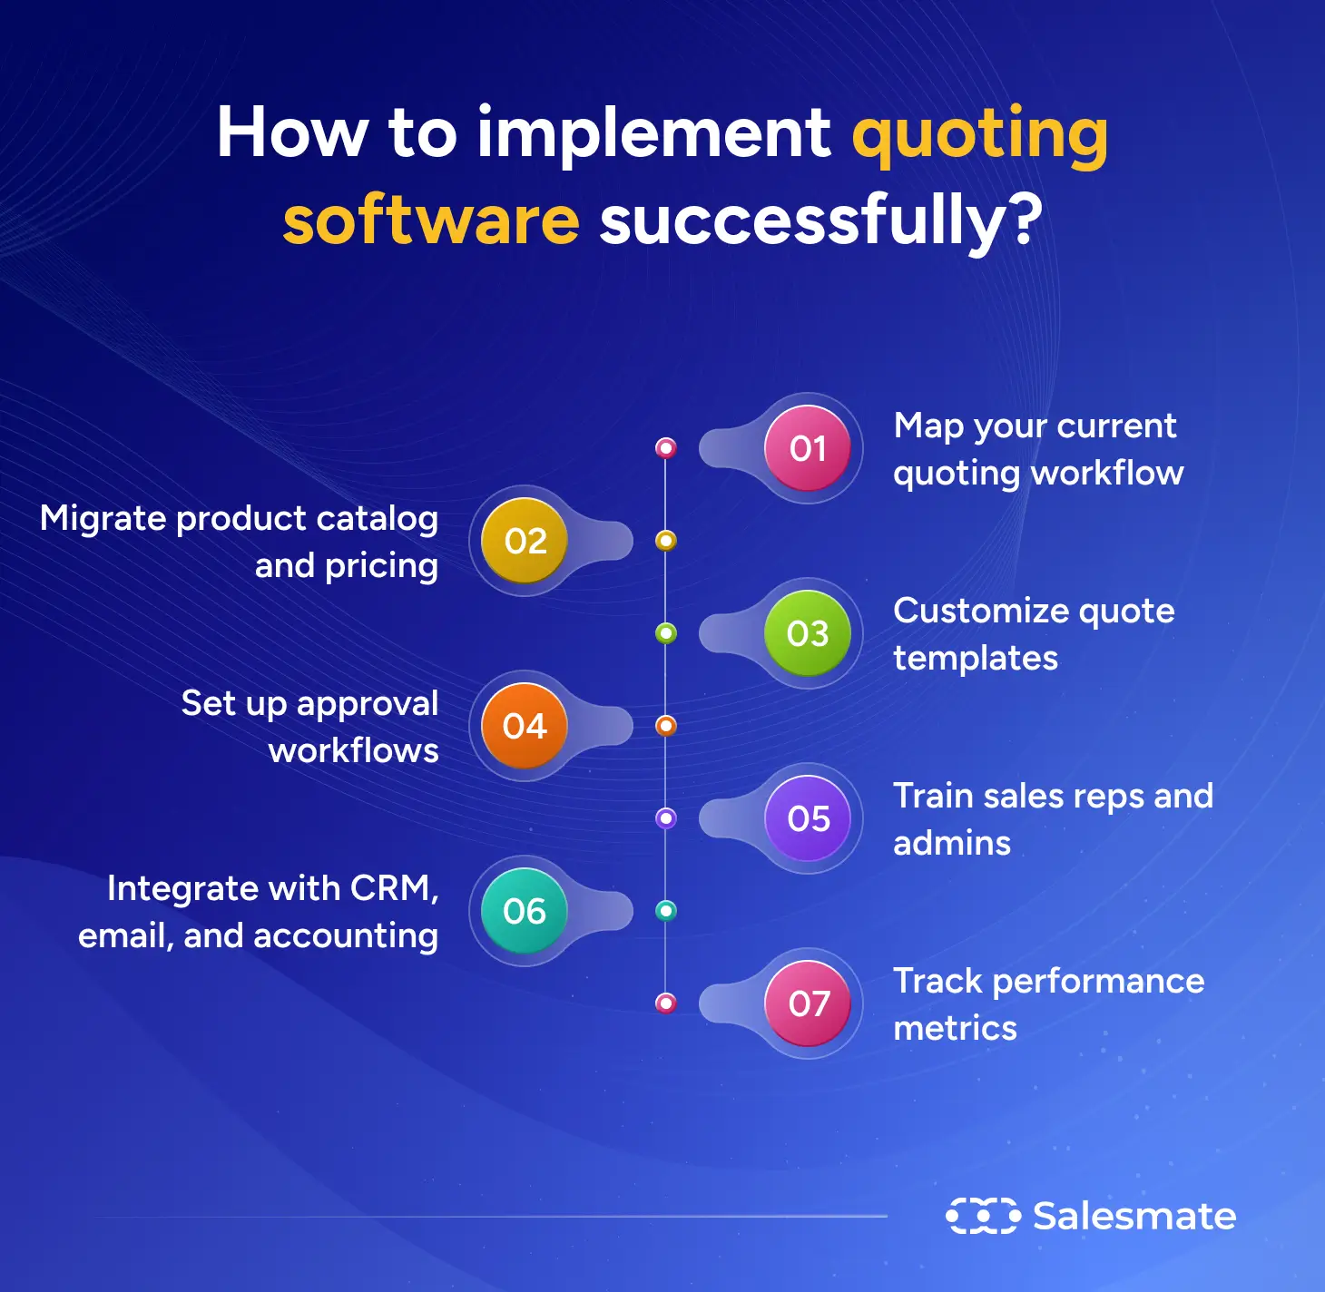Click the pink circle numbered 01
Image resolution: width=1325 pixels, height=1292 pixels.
(x=807, y=448)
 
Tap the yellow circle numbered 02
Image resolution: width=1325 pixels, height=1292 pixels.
(x=525, y=541)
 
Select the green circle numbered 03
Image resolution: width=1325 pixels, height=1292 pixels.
(x=807, y=633)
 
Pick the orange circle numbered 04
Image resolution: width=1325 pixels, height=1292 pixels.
(x=525, y=726)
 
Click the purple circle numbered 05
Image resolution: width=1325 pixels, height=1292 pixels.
(x=807, y=818)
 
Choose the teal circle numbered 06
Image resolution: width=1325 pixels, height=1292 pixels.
(x=525, y=911)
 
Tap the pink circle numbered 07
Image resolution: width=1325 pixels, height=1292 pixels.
(x=807, y=1003)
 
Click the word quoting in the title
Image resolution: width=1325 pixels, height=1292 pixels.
(x=979, y=134)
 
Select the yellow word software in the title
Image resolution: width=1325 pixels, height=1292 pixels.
(x=431, y=220)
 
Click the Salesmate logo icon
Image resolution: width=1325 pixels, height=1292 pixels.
(x=983, y=1216)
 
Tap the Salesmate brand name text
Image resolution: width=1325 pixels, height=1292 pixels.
(x=1134, y=1216)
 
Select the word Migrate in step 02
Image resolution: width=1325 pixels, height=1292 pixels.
(x=103, y=519)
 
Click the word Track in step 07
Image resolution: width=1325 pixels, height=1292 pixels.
(x=937, y=981)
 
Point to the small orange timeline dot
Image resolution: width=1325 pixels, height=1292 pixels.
(x=666, y=726)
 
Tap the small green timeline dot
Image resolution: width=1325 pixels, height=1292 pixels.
(x=666, y=633)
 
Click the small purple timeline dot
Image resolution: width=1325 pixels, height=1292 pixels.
(x=666, y=818)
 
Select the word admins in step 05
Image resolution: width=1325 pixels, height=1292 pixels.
(x=952, y=844)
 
